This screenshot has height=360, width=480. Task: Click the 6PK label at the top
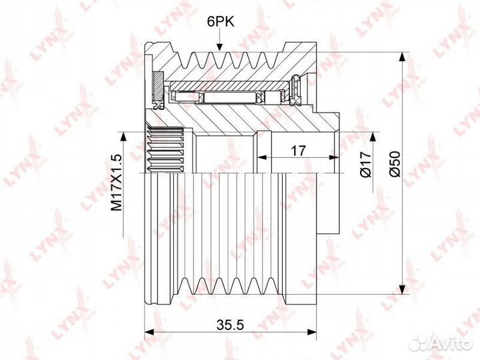[x=221, y=22]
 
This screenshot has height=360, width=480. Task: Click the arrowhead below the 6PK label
[x=219, y=47]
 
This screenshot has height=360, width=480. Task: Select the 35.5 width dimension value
[x=230, y=325]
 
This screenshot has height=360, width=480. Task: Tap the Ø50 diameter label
[x=395, y=164]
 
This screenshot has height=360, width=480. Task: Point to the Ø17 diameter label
[x=366, y=164]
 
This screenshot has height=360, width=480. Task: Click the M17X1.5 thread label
[x=116, y=183]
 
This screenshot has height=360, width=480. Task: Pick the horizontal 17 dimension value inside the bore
[x=298, y=150]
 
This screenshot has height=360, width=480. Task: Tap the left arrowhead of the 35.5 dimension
[x=149, y=332]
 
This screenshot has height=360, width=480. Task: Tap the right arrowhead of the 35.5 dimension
[x=312, y=332]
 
